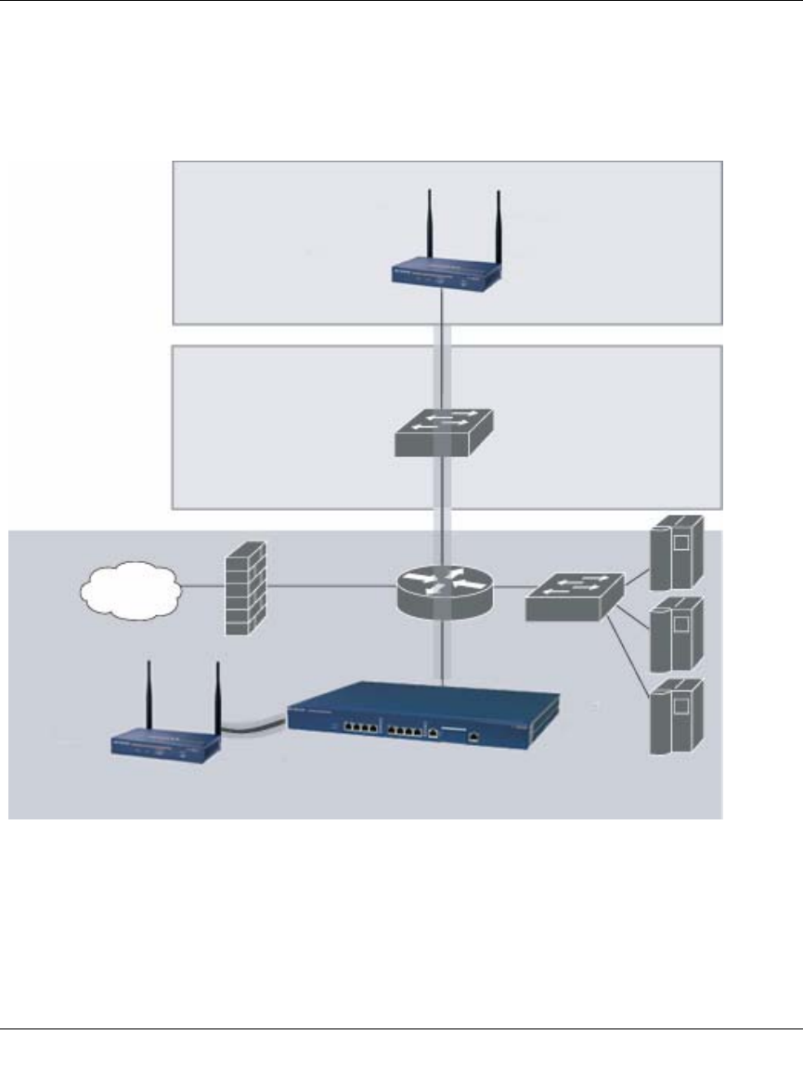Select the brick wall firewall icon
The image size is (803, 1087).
click(245, 587)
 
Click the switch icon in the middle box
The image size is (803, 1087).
click(443, 432)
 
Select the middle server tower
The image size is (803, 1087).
click(675, 635)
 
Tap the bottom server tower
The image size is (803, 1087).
click(675, 717)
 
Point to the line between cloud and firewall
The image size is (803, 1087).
click(201, 586)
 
